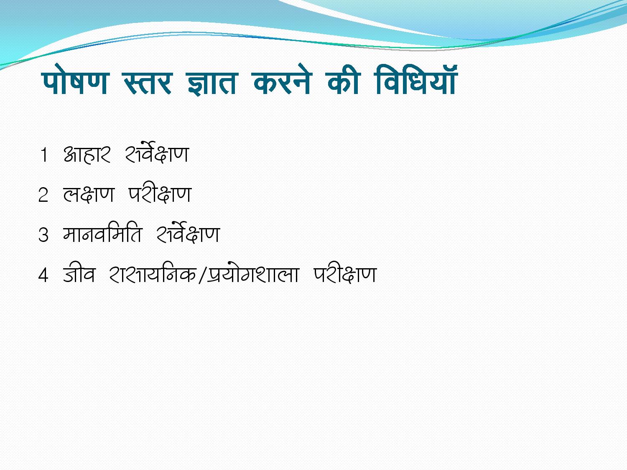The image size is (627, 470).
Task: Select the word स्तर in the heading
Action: pos(148,83)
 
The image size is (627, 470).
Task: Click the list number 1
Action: pos(44,155)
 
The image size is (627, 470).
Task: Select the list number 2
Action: pos(43,195)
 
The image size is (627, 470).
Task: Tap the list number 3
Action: pos(43,235)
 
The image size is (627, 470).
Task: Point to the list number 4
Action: pos(43,275)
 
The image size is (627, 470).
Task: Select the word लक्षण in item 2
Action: pos(89,195)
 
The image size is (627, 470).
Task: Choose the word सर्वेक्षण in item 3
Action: pos(188,233)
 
